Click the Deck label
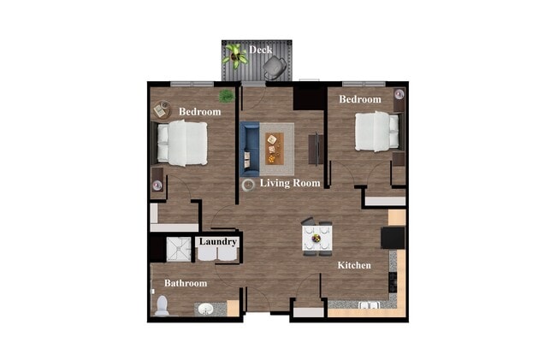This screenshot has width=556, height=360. (x=261, y=50)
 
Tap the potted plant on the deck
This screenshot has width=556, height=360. (x=234, y=55)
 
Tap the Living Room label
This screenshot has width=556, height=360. (x=291, y=183)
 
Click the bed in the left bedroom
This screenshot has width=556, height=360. (x=183, y=142)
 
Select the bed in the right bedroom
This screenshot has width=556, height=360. (x=376, y=130)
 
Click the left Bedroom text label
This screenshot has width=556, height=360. (x=199, y=112)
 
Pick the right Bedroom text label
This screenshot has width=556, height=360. (x=359, y=100)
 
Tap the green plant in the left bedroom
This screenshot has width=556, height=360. (x=227, y=96)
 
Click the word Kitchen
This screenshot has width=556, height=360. (x=354, y=266)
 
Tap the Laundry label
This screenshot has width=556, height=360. (x=217, y=243)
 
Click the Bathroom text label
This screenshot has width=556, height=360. (x=186, y=283)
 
